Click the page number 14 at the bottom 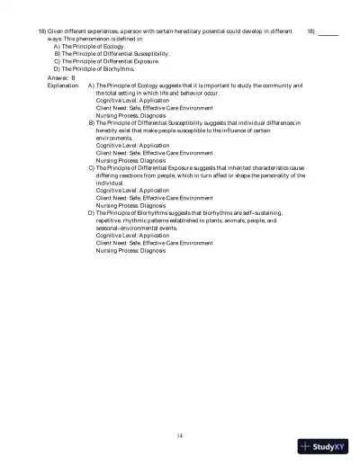pos(180,435)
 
